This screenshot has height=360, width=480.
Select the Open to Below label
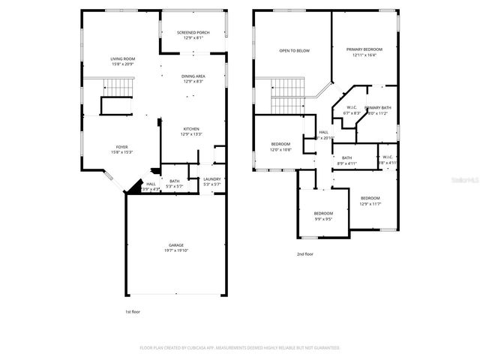294,51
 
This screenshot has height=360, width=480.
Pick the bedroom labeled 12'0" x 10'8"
280,145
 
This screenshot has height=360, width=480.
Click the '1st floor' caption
132,311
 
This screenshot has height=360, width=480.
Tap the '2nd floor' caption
304,254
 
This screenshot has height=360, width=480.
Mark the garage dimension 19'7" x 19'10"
175,251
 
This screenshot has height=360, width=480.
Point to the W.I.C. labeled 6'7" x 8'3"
352,109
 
